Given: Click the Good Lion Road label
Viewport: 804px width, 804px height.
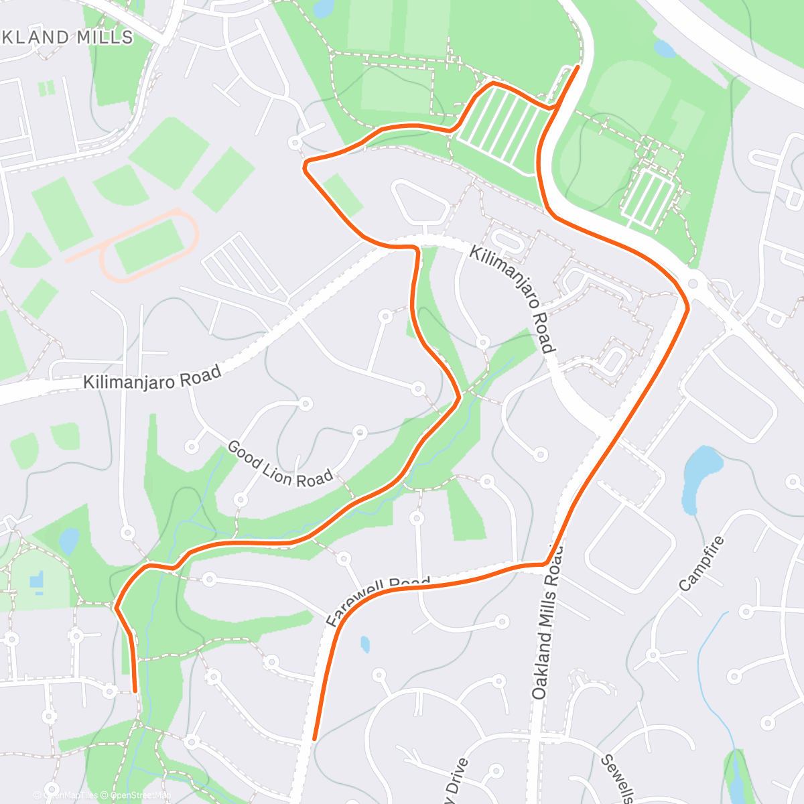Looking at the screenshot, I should [279, 463].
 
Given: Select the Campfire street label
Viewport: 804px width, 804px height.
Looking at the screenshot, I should [702, 563].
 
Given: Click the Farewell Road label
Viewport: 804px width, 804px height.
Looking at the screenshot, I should [377, 598].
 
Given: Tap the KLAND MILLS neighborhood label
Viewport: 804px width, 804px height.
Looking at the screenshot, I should [67, 38].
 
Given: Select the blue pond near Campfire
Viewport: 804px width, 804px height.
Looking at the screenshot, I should [700, 477].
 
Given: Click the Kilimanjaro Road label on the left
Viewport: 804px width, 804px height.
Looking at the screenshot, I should [152, 378].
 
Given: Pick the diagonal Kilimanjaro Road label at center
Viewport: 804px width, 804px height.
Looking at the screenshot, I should [513, 299].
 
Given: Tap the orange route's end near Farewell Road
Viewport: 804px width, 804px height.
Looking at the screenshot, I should [314, 738].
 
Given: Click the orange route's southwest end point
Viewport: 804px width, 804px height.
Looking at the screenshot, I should [135, 689].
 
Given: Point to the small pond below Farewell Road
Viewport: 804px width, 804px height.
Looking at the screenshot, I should [364, 645].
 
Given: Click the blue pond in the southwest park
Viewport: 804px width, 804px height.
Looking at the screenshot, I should [68, 541].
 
